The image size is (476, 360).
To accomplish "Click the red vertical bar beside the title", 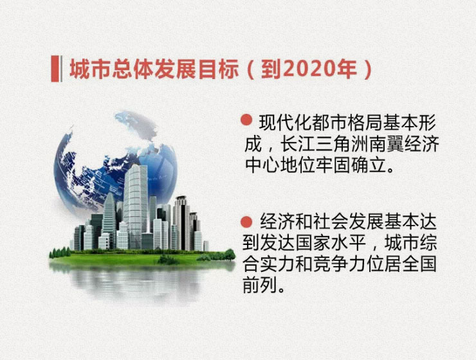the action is click(55, 69).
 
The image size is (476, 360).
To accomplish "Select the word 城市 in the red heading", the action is click(90, 69).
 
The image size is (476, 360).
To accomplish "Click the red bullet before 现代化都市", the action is click(246, 120).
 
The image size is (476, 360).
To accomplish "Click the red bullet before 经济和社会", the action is click(246, 222).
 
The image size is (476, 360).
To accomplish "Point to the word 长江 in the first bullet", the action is click(298, 143).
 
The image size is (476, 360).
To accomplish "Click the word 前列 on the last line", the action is click(260, 285).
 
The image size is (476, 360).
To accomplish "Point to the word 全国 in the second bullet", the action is click(419, 264).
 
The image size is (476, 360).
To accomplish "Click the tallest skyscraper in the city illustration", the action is click(135, 206).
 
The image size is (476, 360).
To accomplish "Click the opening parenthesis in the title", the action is click(251, 70).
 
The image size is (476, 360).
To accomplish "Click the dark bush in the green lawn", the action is click(168, 260).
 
